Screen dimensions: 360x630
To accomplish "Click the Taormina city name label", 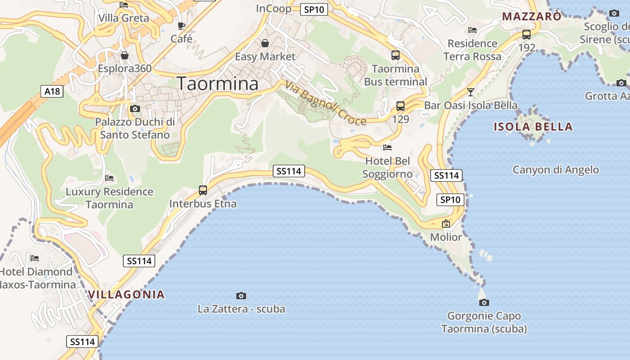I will (218, 84).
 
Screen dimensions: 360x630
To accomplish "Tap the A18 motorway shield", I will (52, 91).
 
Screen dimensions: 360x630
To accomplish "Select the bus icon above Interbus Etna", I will (203, 190).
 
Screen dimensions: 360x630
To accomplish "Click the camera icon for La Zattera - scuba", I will (241, 296).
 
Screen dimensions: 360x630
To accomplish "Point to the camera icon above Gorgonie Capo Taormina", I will (484, 302).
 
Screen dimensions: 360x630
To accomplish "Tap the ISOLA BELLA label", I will (533, 127).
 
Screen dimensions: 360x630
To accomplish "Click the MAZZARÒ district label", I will (531, 17).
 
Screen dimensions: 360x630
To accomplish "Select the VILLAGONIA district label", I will (126, 295).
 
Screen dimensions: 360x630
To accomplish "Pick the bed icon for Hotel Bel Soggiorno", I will (387, 148).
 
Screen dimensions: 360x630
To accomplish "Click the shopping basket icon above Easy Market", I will (265, 43).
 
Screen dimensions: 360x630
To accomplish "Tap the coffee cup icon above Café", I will (181, 26).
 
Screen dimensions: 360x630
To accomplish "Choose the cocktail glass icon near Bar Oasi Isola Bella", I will (471, 92).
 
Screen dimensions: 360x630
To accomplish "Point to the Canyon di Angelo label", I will (556, 170).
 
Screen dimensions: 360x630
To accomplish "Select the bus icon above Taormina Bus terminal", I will (395, 55).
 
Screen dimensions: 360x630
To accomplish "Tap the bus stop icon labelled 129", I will (400, 106).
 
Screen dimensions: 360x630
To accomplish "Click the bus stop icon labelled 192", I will (526, 35).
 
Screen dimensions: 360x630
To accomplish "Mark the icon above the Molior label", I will (446, 224).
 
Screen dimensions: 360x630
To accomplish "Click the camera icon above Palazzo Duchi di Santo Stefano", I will (135, 108).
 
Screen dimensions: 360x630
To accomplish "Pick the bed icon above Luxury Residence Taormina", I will (109, 178).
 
